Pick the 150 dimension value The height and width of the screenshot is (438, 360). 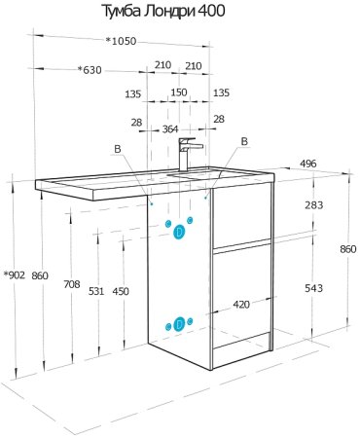(x=179, y=93)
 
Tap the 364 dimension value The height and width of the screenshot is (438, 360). (x=169, y=129)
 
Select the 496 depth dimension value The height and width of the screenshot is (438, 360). (x=307, y=164)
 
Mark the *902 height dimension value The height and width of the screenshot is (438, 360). (x=15, y=274)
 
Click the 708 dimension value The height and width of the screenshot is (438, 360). (x=71, y=283)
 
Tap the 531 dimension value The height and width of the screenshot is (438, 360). (x=95, y=291)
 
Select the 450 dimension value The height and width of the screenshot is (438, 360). (x=120, y=291)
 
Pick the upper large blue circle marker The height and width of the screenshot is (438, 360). (x=179, y=232)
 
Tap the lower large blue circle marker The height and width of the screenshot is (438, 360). (x=179, y=324)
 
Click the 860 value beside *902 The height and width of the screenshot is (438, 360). (x=40, y=274)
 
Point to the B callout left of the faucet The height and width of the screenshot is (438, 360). (x=118, y=149)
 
